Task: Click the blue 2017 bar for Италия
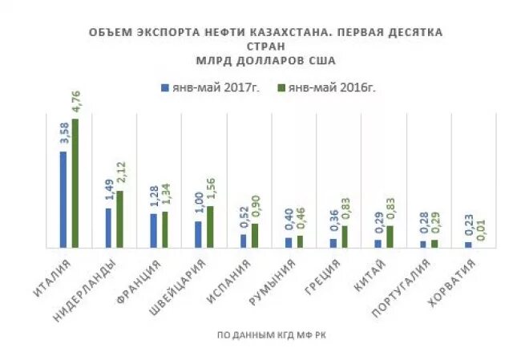click(63, 199)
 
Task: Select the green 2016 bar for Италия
click(75, 183)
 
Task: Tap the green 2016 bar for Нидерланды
click(120, 219)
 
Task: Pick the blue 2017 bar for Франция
click(153, 230)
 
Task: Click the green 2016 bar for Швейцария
click(210, 226)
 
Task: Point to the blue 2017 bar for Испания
click(244, 240)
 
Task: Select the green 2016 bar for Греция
click(345, 236)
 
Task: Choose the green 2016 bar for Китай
click(390, 236)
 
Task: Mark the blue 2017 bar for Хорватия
click(468, 244)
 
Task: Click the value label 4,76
click(76, 103)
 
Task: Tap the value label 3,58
click(63, 136)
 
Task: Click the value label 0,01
click(481, 229)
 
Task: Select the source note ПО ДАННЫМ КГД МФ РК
click(272, 334)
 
